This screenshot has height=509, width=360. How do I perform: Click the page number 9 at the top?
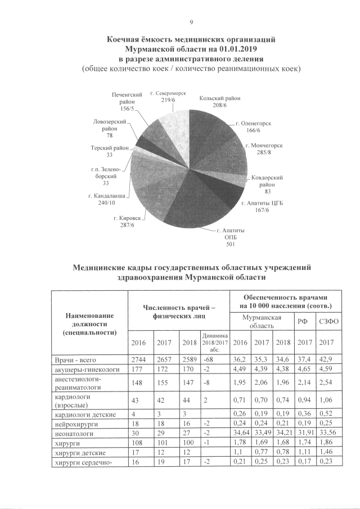pyautogui.click(x=191, y=22)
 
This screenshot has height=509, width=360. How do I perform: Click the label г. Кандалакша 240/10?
pyautogui.click(x=106, y=199)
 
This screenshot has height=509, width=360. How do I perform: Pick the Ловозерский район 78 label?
pyautogui.click(x=109, y=128)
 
